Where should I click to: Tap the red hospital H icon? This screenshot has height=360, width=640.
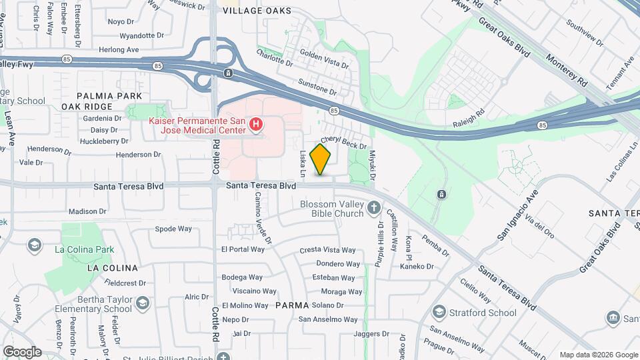tap(255, 124)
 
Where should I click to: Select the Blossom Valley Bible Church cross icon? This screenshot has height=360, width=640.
tap(375, 209)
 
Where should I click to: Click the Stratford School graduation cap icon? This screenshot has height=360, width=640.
tap(439, 312)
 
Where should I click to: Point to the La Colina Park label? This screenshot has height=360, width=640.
tap(85, 250)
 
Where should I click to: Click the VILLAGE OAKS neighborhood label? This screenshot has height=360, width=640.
tap(257, 11)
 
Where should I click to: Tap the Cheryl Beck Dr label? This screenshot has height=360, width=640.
tap(344, 142)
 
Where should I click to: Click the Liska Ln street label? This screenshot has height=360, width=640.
tap(303, 163)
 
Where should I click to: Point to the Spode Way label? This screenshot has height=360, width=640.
tap(173, 229)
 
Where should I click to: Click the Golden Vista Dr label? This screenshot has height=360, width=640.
tap(324, 57)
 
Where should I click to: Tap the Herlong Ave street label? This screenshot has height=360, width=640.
tap(119, 49)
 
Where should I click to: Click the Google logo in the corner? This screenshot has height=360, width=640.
tap(21, 351)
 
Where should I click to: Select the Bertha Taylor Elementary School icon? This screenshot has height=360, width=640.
tap(142, 304)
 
